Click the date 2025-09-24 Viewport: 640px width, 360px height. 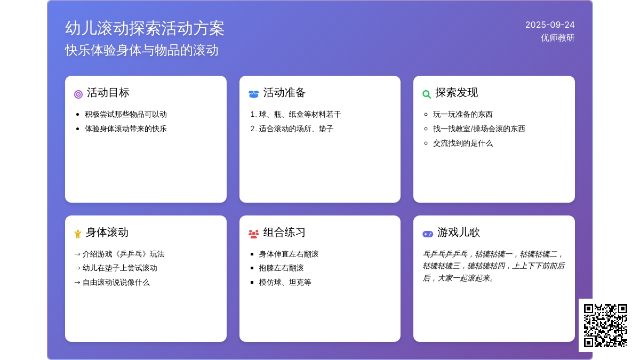[x=550, y=25]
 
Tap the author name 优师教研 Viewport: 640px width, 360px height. [x=557, y=38]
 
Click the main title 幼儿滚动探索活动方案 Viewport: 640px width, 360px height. [x=145, y=28]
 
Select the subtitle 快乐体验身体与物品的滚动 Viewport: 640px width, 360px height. [x=141, y=50]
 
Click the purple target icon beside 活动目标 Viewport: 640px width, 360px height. [x=78, y=94]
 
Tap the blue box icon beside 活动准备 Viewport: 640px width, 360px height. [x=253, y=94]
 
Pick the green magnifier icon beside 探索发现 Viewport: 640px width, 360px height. [x=427, y=94]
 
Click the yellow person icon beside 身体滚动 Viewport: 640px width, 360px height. [x=78, y=234]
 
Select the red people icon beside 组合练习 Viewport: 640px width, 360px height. [x=254, y=234]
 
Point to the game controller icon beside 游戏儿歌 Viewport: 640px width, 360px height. [x=428, y=234]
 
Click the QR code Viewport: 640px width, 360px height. [x=605, y=325]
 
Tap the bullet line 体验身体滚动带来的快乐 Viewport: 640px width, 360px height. [x=126, y=129]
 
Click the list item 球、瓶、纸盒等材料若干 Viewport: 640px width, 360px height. [x=300, y=115]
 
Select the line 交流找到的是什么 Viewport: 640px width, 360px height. [x=463, y=143]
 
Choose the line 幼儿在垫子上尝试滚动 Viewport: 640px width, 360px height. [x=119, y=268]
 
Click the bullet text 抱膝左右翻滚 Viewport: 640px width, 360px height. [x=281, y=268]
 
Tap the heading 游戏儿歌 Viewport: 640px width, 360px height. [x=458, y=233]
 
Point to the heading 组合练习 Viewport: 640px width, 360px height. [x=284, y=233]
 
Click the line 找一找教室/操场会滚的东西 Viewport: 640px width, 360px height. [x=479, y=129]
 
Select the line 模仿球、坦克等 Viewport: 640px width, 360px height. [x=285, y=282]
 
